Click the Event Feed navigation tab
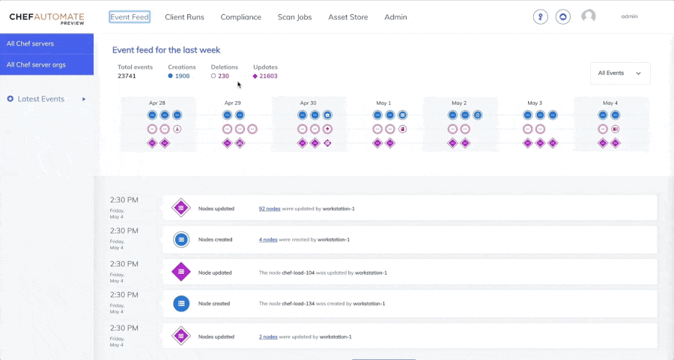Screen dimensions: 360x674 pos(130,17)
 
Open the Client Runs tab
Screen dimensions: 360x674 pos(185,17)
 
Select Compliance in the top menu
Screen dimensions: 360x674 pos(241,17)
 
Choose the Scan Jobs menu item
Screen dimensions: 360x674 pos(294,17)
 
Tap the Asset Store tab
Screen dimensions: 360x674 pos(348,17)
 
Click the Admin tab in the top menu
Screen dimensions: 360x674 pos(395,17)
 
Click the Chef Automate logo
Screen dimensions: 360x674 pos(46,18)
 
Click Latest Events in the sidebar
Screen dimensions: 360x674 pos(41,99)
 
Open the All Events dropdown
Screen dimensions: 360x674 pos(620,73)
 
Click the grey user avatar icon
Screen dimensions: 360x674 pos(589,16)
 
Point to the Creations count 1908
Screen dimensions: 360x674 pos(182,76)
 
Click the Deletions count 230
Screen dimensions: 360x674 pos(223,76)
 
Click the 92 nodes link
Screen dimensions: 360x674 pos(269,209)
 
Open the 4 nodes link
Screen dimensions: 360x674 pos(268,240)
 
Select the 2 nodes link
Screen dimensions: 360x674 pos(268,337)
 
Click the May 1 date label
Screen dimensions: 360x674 pos(383,103)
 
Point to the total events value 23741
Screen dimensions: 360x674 pos(127,76)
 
